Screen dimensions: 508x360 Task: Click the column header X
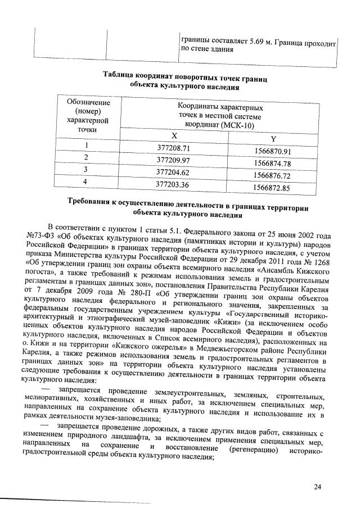click(x=173, y=136)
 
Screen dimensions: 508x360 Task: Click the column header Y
click(x=273, y=140)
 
